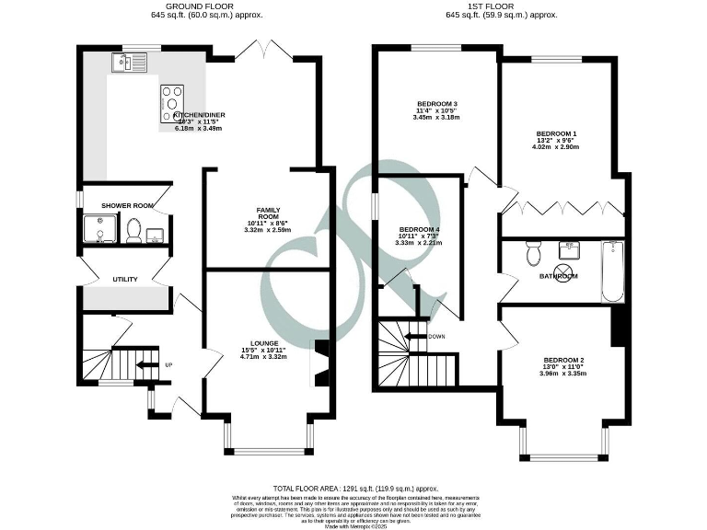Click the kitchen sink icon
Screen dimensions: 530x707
click(122, 63)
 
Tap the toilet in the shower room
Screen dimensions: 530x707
click(134, 230)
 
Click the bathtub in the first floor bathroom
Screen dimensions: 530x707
click(612, 271)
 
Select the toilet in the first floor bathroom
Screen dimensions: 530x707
click(531, 252)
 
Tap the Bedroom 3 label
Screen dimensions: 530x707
click(436, 103)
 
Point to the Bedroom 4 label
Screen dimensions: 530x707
click(420, 229)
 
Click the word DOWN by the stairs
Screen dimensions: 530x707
click(437, 336)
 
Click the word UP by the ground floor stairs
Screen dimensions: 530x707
click(168, 364)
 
